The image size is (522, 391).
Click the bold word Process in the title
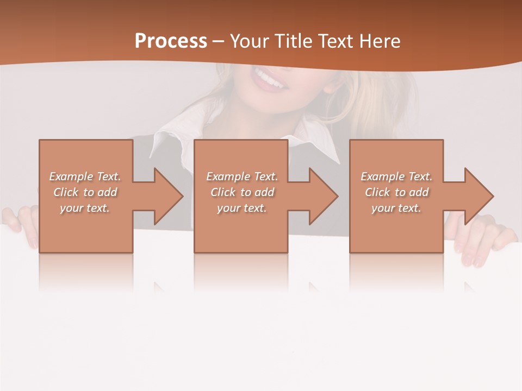tap(171, 41)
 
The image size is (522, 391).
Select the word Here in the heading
tap(380, 41)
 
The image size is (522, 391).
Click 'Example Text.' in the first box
tap(85, 176)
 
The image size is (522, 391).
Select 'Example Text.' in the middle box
tap(242, 176)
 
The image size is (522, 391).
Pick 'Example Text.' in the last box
tap(396, 176)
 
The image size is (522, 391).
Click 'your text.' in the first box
tap(85, 208)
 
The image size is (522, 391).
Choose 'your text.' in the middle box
tap(242, 208)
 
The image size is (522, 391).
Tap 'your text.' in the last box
tap(396, 208)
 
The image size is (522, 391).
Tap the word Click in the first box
tap(66, 192)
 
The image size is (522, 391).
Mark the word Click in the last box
tap(378, 192)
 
